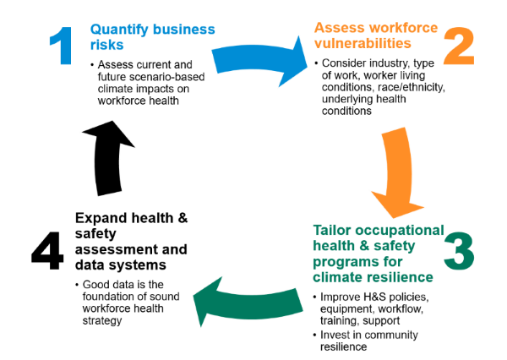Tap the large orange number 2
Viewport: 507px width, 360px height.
click(x=458, y=48)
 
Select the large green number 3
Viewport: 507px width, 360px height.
click(x=459, y=252)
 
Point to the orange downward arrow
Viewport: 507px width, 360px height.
click(x=395, y=173)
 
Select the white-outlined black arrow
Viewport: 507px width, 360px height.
click(x=108, y=156)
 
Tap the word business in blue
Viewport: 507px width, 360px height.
click(x=188, y=30)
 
